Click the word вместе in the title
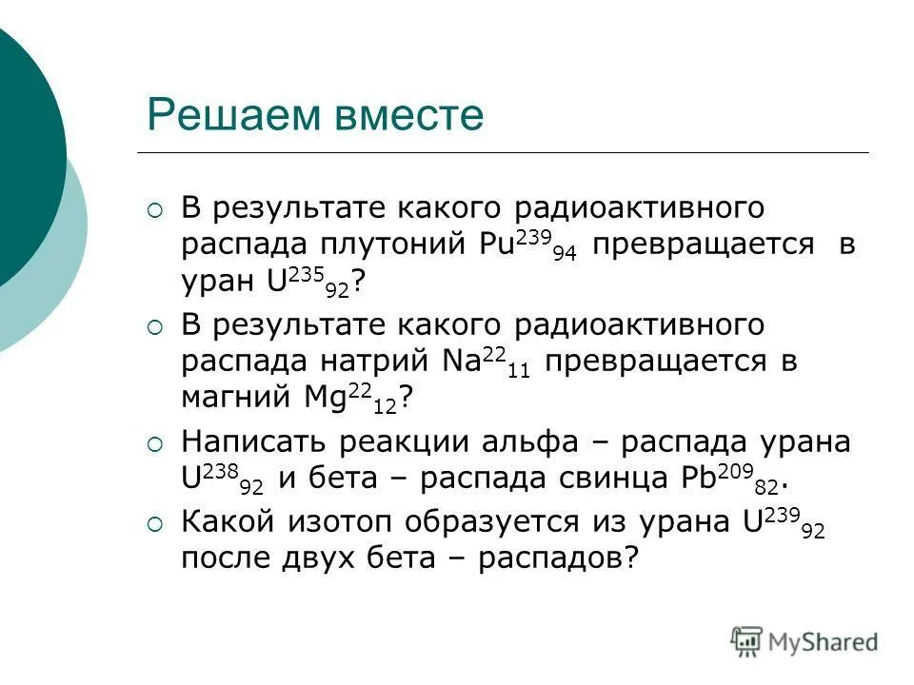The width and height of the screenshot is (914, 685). [x=400, y=118]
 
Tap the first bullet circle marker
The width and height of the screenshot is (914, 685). [x=156, y=208]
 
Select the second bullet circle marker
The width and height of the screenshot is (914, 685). [x=156, y=327]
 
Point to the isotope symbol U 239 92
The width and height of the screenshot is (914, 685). [x=782, y=524]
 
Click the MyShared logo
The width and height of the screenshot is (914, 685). [x=805, y=640]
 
